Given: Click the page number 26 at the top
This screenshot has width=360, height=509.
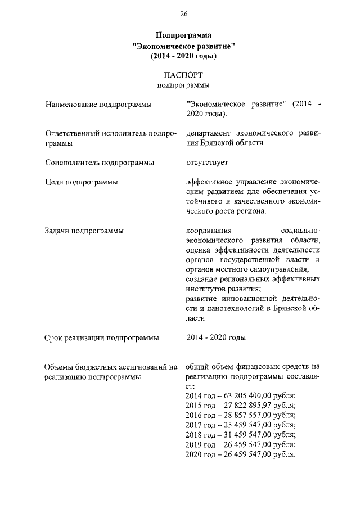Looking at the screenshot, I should coord(183,13).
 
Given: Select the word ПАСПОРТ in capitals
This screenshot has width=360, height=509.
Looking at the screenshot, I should coord(183,75).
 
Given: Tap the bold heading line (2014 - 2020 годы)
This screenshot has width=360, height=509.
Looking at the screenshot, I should coord(183,56).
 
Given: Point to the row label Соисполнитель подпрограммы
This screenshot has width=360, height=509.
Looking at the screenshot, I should coord(100,163).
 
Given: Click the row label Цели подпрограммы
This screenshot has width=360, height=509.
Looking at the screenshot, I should coord(82,182).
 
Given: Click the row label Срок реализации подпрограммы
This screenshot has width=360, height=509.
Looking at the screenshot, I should coord(101,338).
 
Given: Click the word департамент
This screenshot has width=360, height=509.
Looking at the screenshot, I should coord(209,133).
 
